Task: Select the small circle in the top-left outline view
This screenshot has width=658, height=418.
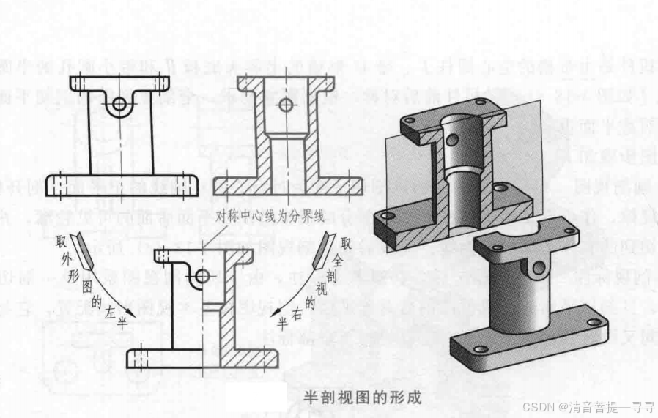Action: click(x=117, y=105)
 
